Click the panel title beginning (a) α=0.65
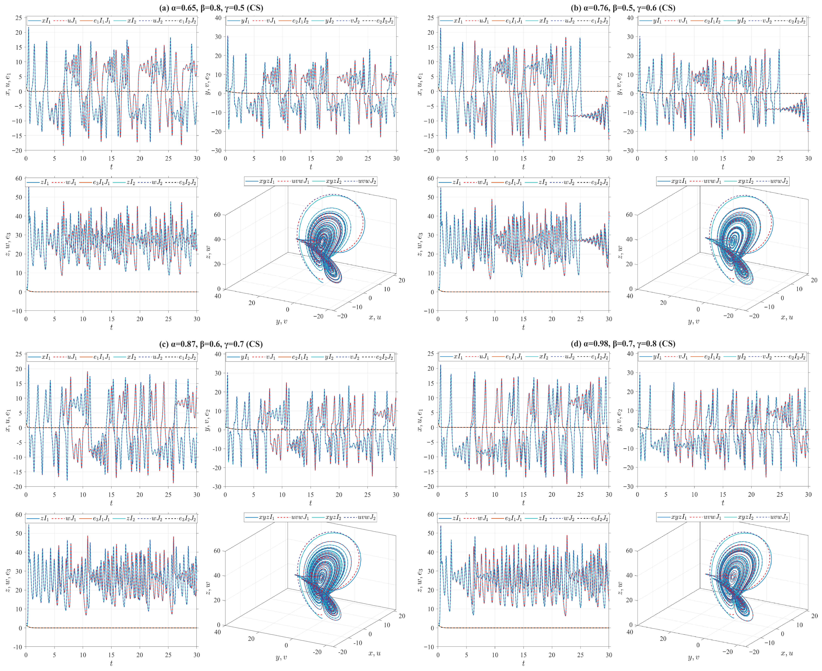pos(211,8)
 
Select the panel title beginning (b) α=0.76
pos(623,8)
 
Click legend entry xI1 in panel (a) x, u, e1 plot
pos(46,21)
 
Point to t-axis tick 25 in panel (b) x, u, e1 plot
pos(580,158)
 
